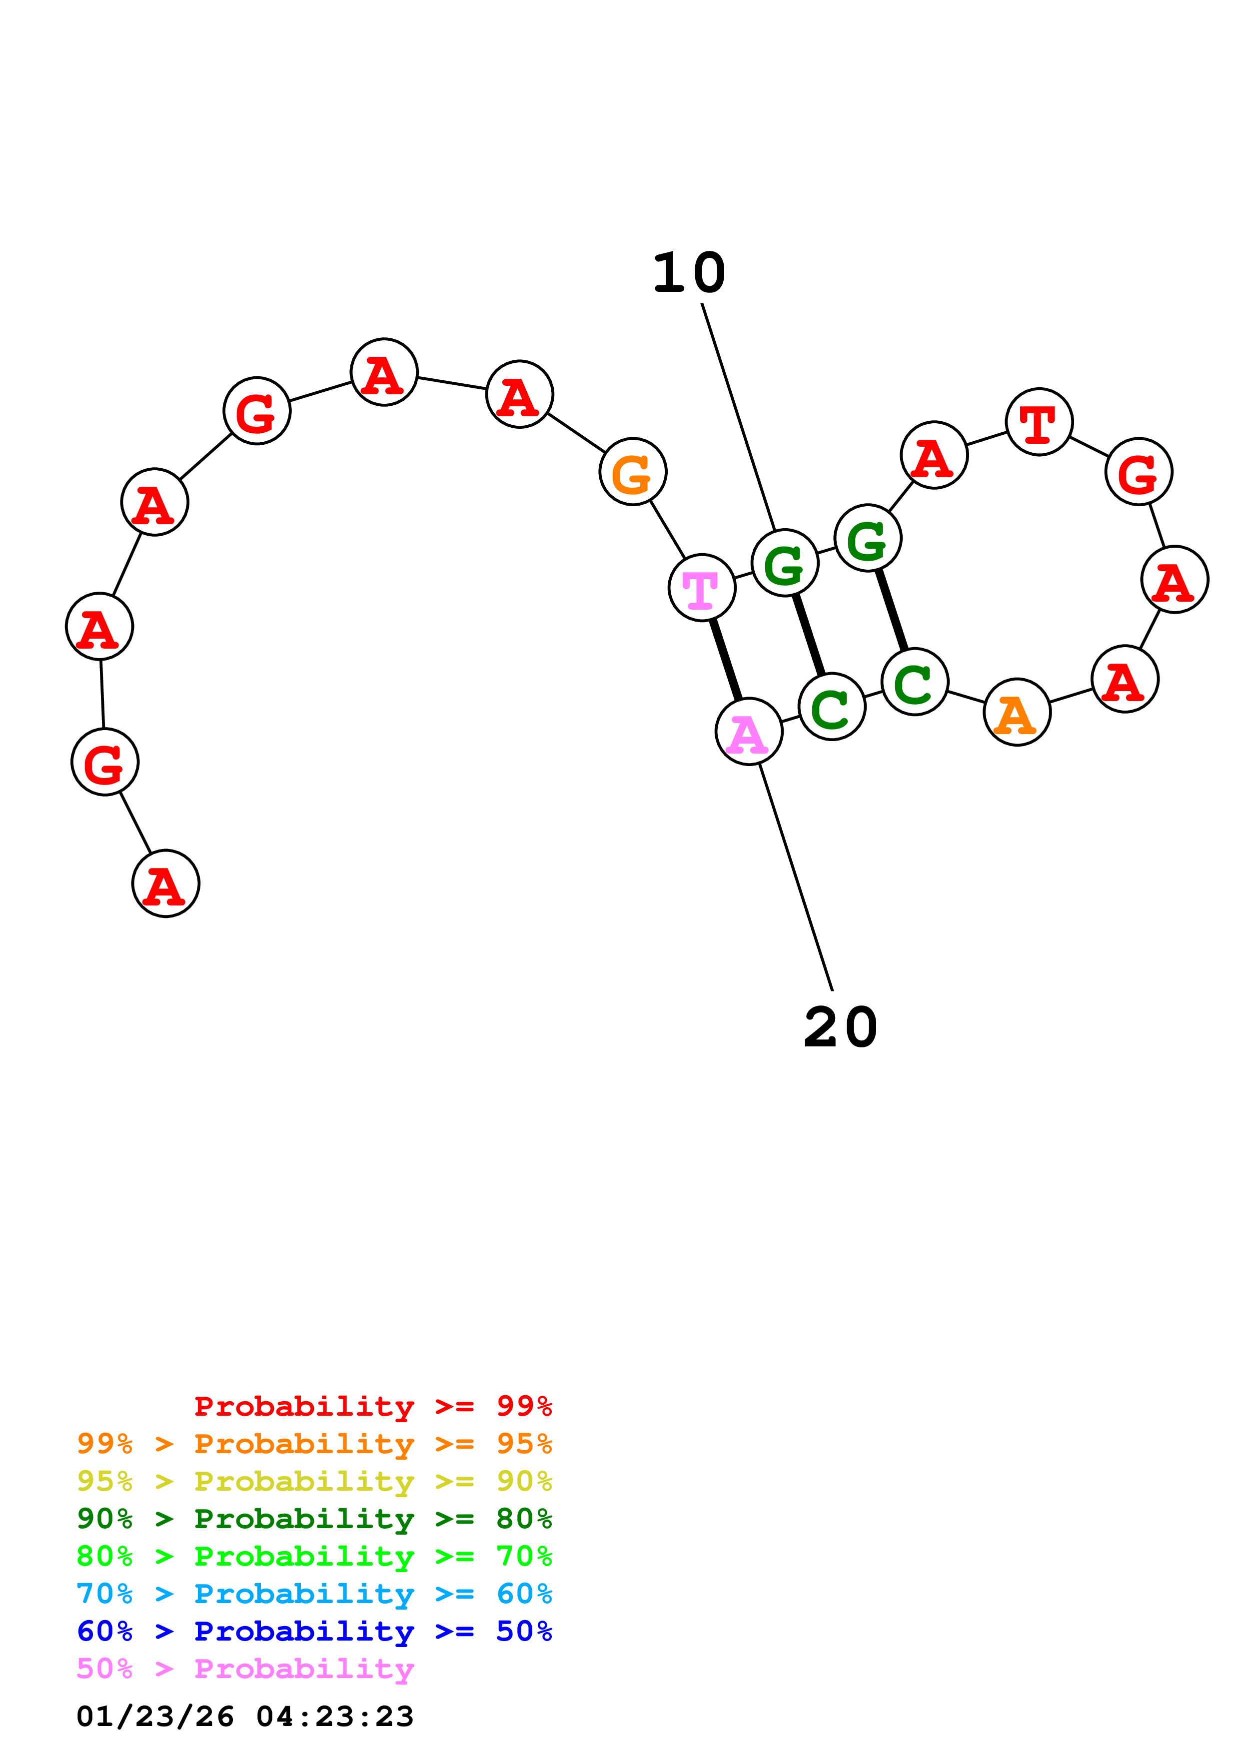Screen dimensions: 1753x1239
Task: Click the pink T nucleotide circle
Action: [702, 587]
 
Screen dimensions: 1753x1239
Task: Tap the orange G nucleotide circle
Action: [633, 471]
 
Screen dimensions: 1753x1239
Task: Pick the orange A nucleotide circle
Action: [1017, 712]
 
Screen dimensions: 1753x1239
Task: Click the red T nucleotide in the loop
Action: [1039, 421]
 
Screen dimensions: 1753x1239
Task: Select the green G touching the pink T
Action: [785, 563]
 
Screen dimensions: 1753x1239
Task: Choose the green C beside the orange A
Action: [915, 681]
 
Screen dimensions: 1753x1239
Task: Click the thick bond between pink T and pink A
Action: [725, 659]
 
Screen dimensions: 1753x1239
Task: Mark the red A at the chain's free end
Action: [165, 883]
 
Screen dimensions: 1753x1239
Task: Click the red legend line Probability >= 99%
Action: [372, 1406]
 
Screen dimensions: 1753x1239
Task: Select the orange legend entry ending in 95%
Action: [314, 1443]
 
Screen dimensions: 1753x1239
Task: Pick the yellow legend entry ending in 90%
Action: [314, 1481]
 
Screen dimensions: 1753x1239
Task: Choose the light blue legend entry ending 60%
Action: [314, 1594]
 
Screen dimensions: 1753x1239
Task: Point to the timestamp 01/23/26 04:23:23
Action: [245, 1716]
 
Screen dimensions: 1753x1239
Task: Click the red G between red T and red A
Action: [1138, 471]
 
